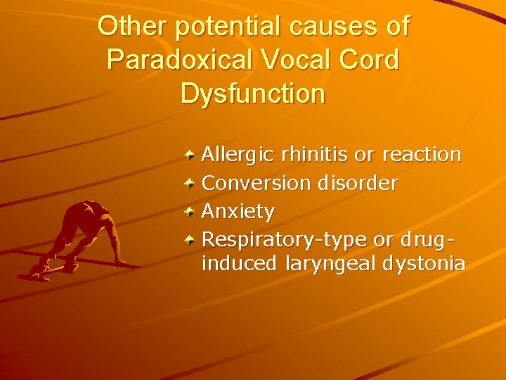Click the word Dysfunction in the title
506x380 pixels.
click(253, 94)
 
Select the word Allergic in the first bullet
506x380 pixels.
click(238, 154)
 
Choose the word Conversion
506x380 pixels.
click(257, 184)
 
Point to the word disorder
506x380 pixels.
click(358, 184)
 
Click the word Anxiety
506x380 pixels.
click(238, 212)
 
